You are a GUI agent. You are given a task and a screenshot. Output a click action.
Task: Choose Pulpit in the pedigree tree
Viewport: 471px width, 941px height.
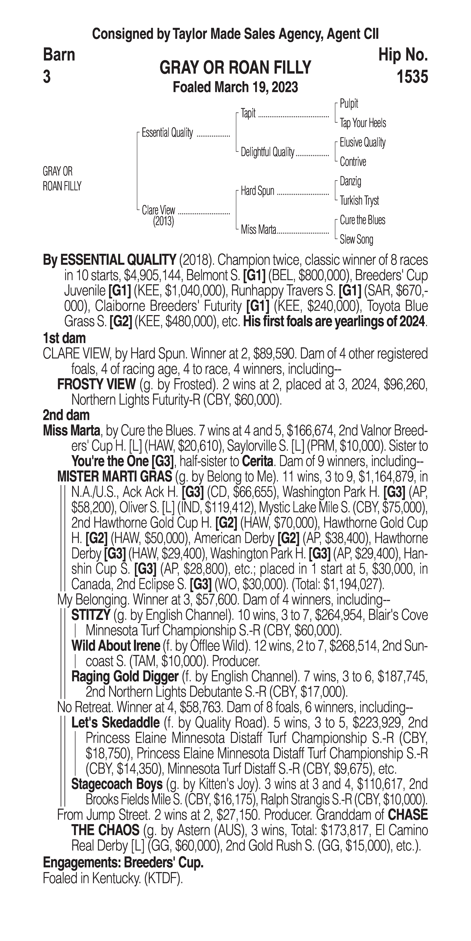click(x=349, y=104)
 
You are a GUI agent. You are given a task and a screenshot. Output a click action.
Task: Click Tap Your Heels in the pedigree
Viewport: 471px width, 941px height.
click(x=363, y=123)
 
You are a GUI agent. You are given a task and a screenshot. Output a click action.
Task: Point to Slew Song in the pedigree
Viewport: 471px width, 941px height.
click(x=356, y=240)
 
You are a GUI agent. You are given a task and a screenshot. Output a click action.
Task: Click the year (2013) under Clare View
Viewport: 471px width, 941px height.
click(x=163, y=221)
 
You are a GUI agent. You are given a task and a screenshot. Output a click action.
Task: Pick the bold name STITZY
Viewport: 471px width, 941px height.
click(x=91, y=615)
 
